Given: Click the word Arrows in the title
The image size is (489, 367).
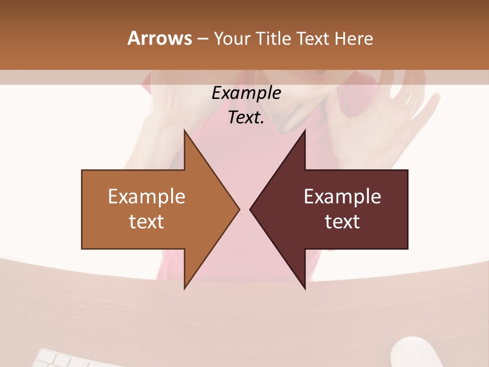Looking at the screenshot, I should pyautogui.click(x=159, y=38).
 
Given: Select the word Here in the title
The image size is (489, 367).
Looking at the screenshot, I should pyautogui.click(x=354, y=39).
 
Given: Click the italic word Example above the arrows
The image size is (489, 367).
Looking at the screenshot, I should pyautogui.click(x=246, y=93).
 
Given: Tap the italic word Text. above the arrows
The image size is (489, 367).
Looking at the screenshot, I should pyautogui.click(x=246, y=118).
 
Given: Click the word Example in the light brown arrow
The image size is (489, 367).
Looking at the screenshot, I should pyautogui.click(x=147, y=196).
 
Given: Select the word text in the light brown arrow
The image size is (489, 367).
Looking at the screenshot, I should pyautogui.click(x=147, y=221).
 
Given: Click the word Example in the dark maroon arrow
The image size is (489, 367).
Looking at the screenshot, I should pyautogui.click(x=342, y=196).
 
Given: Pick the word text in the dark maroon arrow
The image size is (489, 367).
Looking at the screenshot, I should pyautogui.click(x=342, y=221).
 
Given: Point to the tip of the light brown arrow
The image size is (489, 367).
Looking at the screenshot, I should pyautogui.click(x=238, y=209).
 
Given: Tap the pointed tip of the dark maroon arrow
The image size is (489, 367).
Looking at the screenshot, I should pyautogui.click(x=251, y=209).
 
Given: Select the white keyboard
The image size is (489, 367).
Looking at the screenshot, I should pyautogui.click(x=71, y=359).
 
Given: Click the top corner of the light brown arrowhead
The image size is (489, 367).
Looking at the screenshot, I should pyautogui.click(x=185, y=130).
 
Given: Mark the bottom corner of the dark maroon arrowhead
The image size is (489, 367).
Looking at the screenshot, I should pyautogui.click(x=305, y=288).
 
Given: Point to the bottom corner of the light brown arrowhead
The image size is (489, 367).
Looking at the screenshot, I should pyautogui.click(x=185, y=288).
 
